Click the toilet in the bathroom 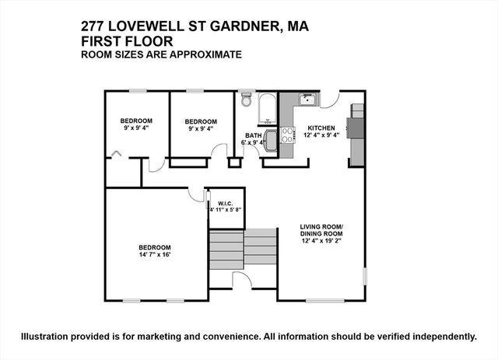(247, 100)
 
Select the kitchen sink (307, 100)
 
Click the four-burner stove (286, 137)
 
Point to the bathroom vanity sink (271, 141)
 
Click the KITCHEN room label (321, 128)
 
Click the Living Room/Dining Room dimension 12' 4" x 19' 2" (321, 242)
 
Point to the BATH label (254, 135)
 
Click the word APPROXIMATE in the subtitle (208, 54)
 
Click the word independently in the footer (440, 337)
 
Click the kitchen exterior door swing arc (330, 99)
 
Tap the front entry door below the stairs (242, 278)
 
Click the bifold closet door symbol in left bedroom (116, 155)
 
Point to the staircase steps (242, 248)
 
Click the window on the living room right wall (364, 276)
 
